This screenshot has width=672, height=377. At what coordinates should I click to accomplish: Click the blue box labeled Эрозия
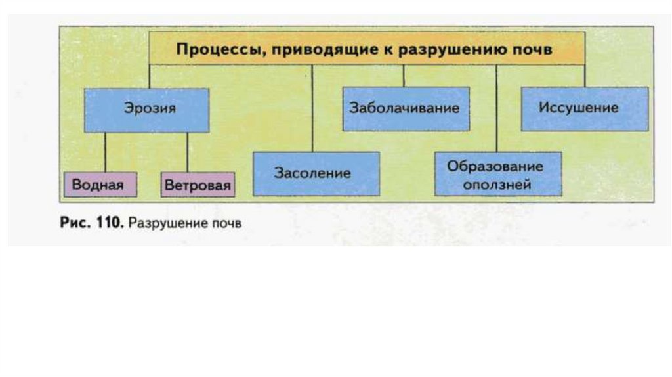point(146,110)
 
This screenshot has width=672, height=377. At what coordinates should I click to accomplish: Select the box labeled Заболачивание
point(406,108)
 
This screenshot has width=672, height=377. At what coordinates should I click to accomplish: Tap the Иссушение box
point(584,108)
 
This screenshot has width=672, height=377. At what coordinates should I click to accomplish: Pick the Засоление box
point(316,174)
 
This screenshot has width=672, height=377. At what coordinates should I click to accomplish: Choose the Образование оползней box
point(498,174)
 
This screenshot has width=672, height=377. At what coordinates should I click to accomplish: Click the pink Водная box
point(100,185)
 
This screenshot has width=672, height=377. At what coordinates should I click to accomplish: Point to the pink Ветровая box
point(198,185)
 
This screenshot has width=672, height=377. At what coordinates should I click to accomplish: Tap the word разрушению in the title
point(461,49)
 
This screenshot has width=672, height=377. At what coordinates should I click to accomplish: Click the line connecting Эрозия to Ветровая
point(187,152)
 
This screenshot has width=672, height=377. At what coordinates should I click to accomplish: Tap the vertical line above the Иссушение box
point(584,76)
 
